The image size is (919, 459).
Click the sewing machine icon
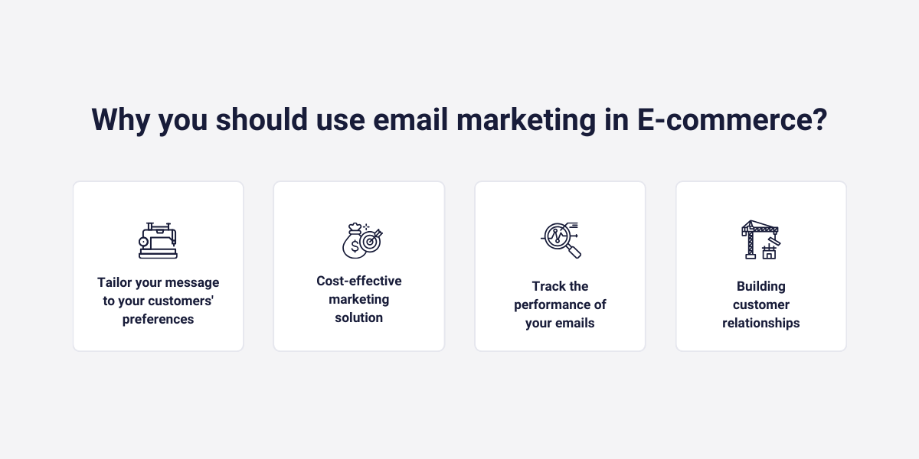[158, 239]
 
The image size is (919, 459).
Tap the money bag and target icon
[360, 239]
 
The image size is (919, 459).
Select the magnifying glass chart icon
[560, 239]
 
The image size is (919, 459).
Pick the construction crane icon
[760, 239]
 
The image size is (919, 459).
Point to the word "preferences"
[158, 320]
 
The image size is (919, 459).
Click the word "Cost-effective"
[359, 282]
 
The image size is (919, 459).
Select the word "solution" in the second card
[359, 317]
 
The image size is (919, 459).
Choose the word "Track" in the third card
[549, 286]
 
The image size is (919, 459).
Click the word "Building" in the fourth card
[761, 286]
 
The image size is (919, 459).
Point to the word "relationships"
[761, 323]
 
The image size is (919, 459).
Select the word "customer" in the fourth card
[761, 304]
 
